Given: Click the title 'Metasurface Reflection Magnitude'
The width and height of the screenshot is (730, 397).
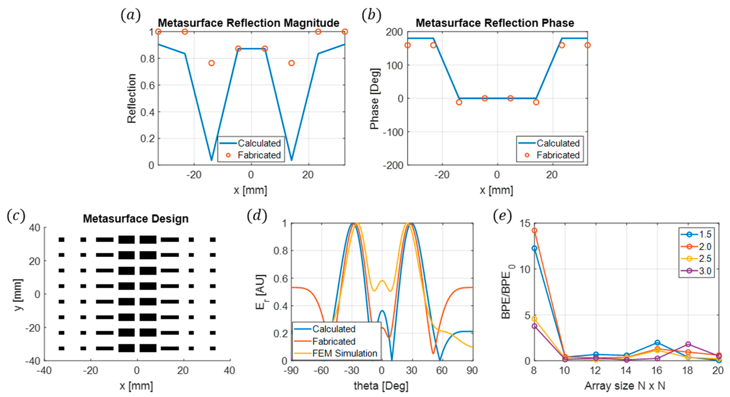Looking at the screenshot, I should pyautogui.click(x=248, y=23).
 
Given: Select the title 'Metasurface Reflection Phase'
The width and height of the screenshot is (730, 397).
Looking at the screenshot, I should pyautogui.click(x=495, y=23).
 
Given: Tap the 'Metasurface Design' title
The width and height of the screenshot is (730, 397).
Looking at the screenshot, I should pyautogui.click(x=136, y=219).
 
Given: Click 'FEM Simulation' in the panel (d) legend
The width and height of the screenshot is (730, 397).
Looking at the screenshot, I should pyautogui.click(x=345, y=353).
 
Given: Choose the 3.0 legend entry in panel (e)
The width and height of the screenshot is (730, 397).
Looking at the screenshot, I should pyautogui.click(x=705, y=271).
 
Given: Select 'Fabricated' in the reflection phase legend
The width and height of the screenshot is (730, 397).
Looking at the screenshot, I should pyautogui.click(x=558, y=155).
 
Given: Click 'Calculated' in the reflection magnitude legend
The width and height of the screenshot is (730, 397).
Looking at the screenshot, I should pyautogui.click(x=259, y=143).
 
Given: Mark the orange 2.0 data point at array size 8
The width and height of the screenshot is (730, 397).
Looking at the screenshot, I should pyautogui.click(x=534, y=230).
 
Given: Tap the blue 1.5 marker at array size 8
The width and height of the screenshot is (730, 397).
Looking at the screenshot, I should pyautogui.click(x=534, y=249).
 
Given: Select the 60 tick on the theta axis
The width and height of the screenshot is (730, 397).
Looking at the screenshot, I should pyautogui.click(x=441, y=370).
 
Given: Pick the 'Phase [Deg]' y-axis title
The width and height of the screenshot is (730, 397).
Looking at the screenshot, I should pyautogui.click(x=374, y=99).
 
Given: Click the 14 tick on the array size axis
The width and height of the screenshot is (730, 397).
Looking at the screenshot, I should pyautogui.click(x=626, y=370).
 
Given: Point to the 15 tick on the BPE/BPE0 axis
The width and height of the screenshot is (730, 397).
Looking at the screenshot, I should pyautogui.click(x=525, y=224).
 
